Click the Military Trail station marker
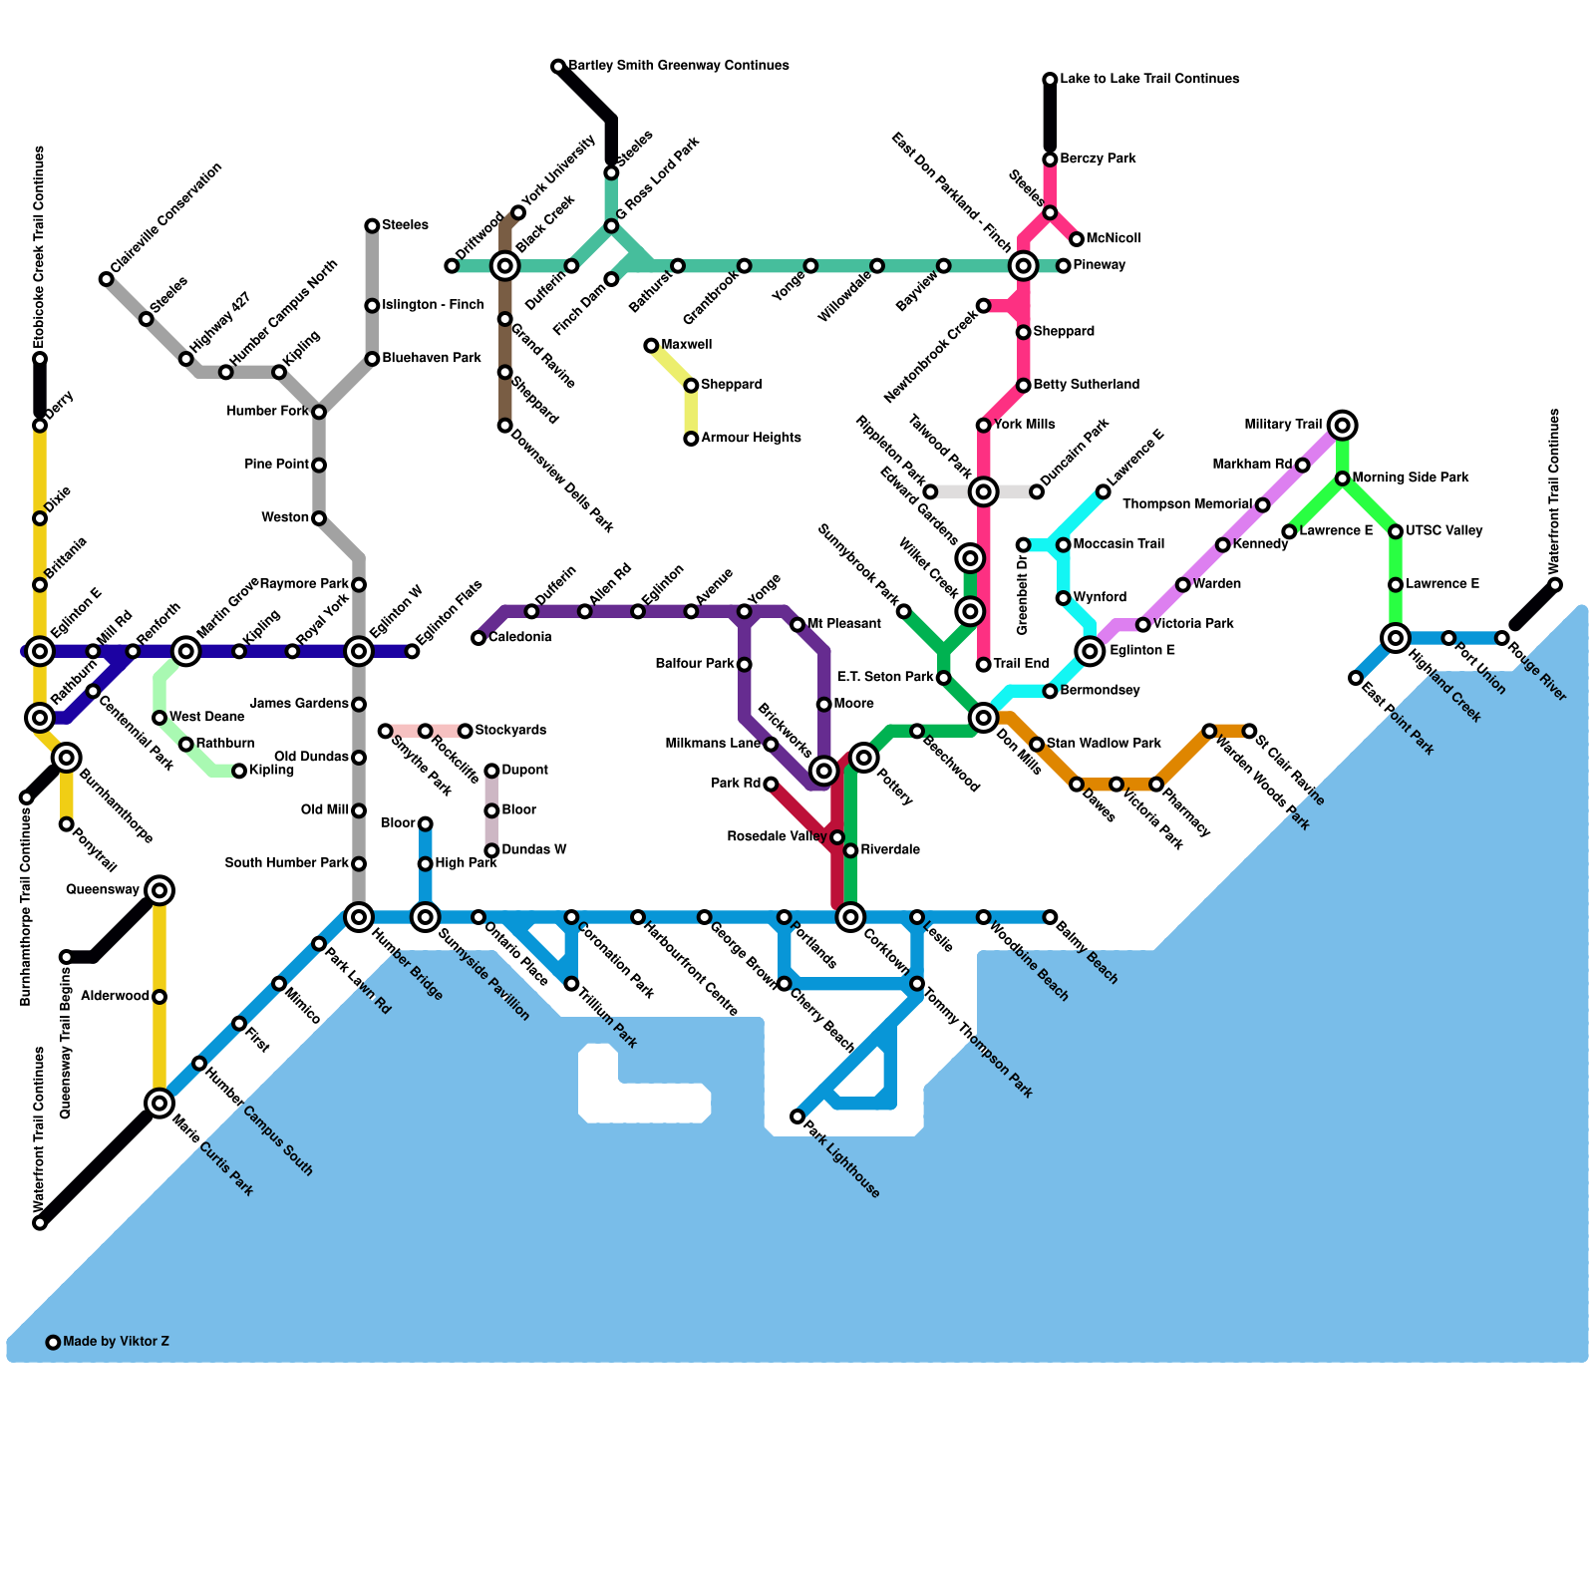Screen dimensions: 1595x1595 coord(1343,426)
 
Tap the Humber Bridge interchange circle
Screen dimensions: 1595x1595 coord(359,917)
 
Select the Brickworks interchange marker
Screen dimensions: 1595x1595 coord(823,771)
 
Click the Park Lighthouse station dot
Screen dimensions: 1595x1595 coord(797,1116)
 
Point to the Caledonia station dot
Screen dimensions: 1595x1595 coord(478,638)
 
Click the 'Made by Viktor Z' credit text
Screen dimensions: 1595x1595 coord(116,1342)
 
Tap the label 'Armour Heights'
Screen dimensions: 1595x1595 coord(750,439)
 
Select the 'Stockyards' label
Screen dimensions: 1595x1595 coord(510,731)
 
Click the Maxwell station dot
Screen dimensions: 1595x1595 coord(651,346)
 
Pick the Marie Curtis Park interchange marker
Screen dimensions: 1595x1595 coord(159,1103)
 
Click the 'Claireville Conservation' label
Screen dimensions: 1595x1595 coord(165,219)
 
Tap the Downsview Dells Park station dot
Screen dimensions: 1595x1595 coord(505,426)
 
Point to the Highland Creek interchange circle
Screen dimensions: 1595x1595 coord(1396,638)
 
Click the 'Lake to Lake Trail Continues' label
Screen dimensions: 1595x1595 coord(1149,79)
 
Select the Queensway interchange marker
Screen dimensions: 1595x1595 coord(159,890)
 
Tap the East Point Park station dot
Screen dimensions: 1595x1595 coord(1356,678)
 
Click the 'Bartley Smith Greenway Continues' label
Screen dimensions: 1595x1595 coord(678,66)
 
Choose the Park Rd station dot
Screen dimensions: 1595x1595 coord(771,785)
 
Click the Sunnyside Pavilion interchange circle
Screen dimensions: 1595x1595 coord(426,917)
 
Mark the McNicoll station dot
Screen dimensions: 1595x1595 coord(1077,239)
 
